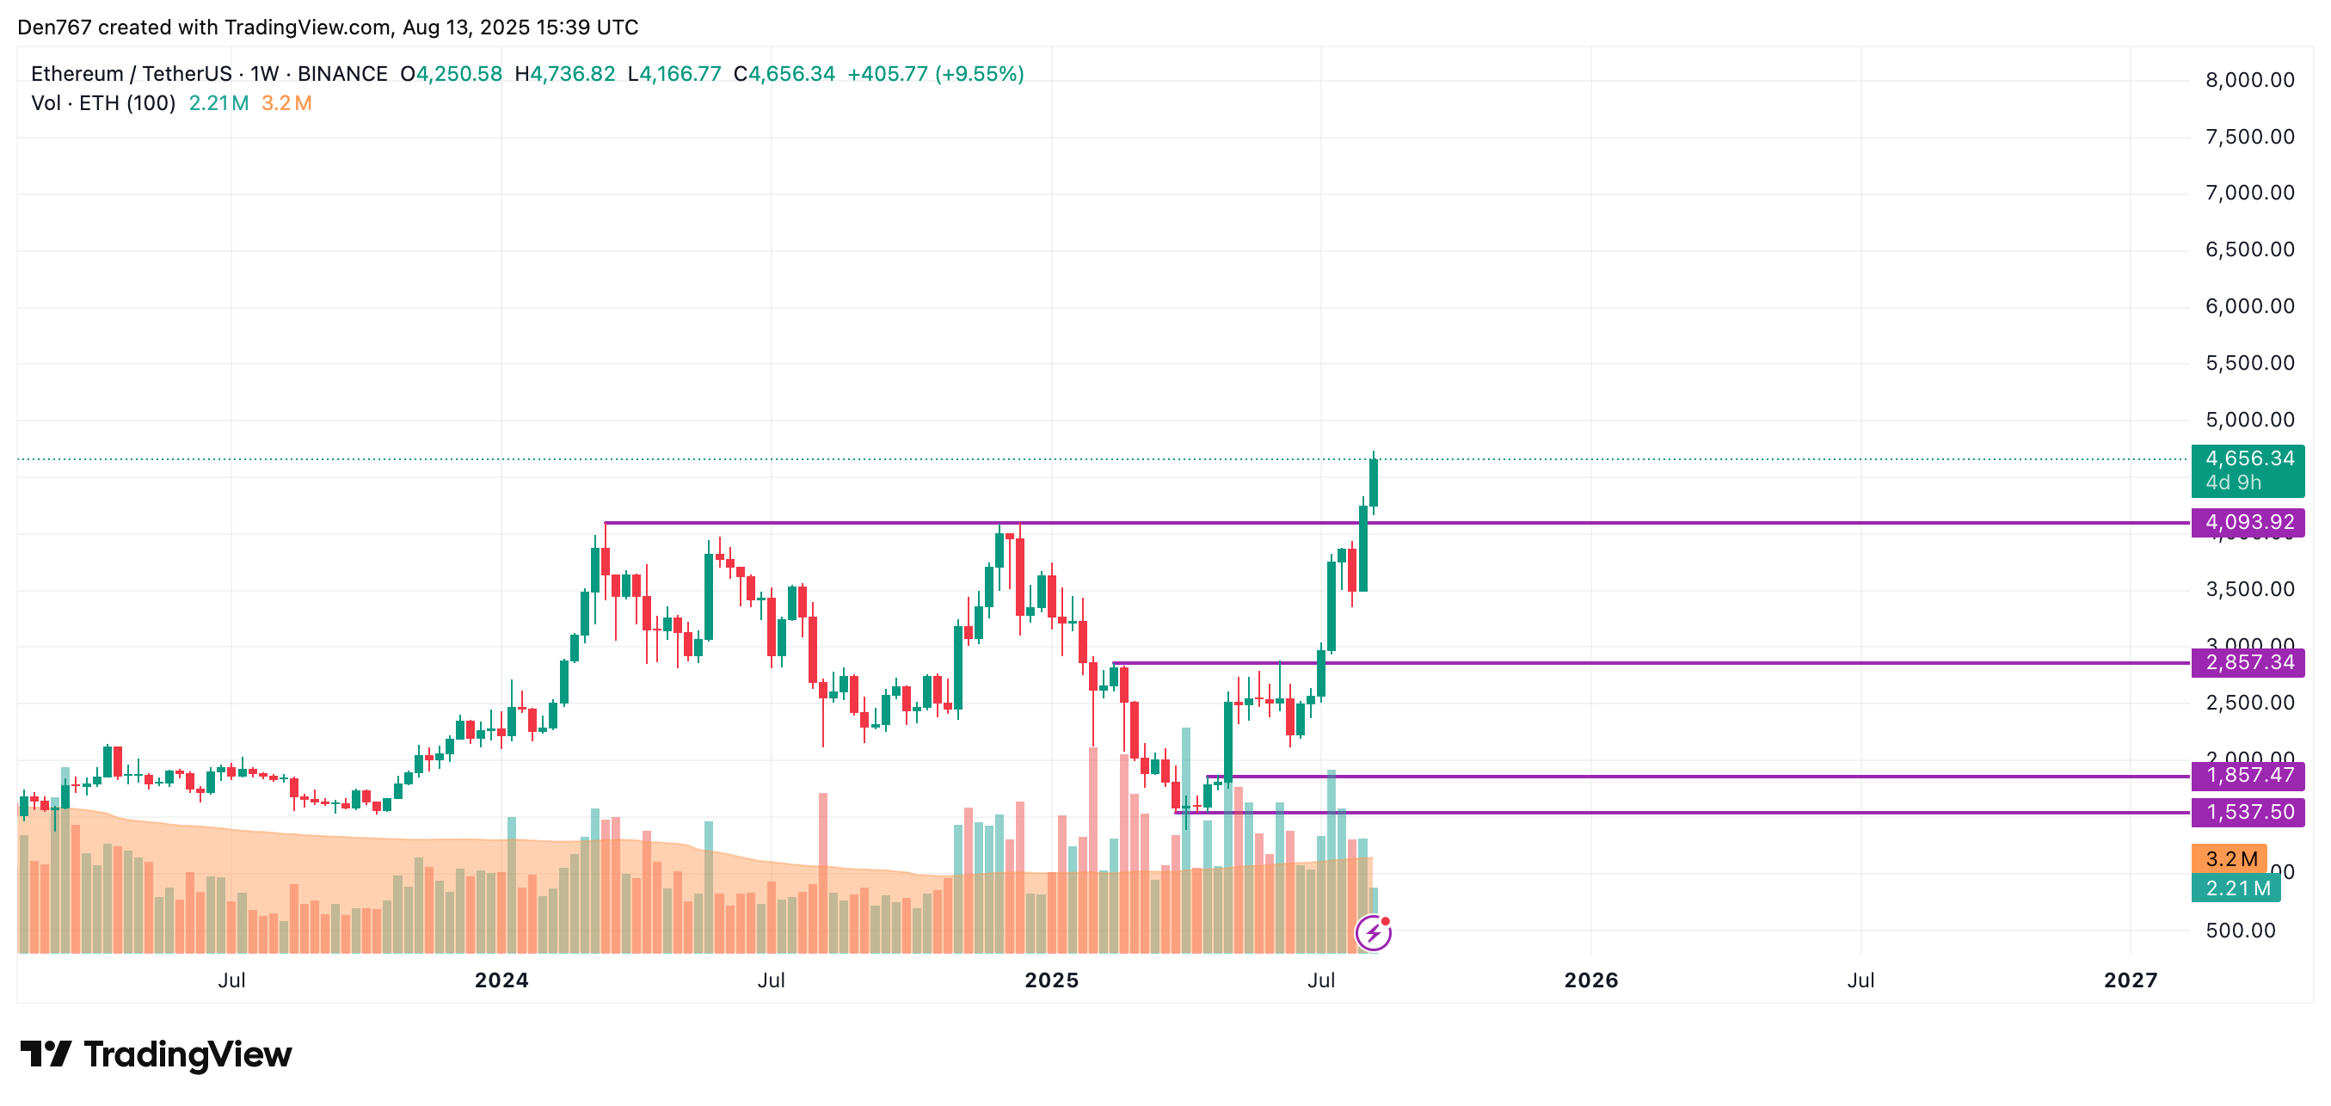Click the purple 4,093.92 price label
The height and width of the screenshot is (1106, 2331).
[2248, 522]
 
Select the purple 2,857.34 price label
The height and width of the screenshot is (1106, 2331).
[2248, 662]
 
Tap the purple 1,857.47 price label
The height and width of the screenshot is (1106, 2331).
[2248, 776]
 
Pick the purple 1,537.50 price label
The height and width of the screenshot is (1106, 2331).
[2248, 812]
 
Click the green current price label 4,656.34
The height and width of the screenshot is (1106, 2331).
[2248, 459]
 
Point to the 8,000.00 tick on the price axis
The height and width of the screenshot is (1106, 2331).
[2249, 81]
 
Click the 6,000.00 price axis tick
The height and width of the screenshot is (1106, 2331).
[2249, 307]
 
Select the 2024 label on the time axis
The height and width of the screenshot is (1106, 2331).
[501, 980]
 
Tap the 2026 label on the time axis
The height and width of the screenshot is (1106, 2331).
[1590, 980]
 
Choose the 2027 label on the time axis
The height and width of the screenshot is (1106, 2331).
[2130, 980]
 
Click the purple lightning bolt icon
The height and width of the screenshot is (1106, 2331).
[1373, 932]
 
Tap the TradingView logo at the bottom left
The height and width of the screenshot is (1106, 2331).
[156, 1054]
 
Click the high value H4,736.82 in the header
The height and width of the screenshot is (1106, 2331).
[564, 74]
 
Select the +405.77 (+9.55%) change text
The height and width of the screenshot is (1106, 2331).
[935, 74]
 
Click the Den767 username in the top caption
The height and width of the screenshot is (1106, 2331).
[54, 28]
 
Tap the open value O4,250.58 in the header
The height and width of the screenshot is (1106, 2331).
[451, 74]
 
